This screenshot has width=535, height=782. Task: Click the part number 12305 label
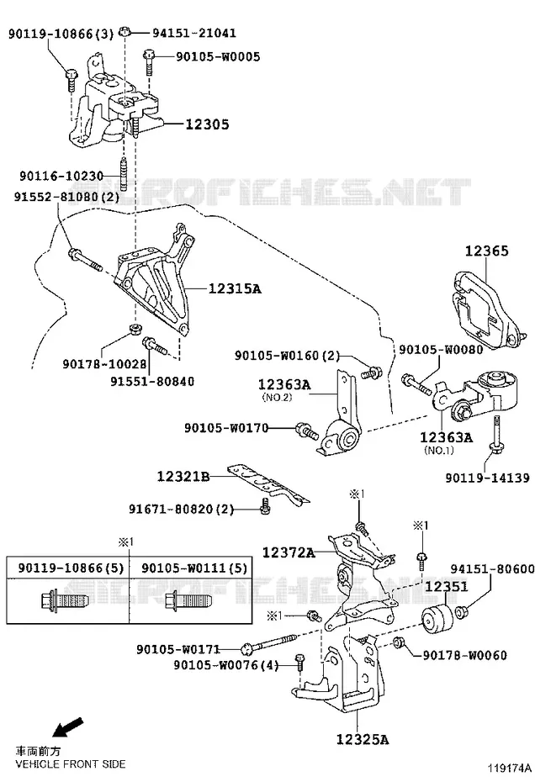point(207,124)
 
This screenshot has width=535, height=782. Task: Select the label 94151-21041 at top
point(194,33)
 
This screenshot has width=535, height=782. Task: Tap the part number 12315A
point(235,288)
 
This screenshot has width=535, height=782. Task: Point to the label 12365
point(486,251)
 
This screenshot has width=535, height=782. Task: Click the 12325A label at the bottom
point(363,739)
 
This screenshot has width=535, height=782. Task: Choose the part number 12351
point(447,587)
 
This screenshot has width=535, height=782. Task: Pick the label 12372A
point(289,552)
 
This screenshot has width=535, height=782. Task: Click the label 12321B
point(183,476)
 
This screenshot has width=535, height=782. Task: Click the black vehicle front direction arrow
point(68,727)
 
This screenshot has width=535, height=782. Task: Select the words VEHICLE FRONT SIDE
point(71,764)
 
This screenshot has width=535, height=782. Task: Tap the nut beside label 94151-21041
point(126,33)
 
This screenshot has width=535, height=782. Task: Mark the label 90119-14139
point(488,478)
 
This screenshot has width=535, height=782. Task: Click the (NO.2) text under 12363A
point(277,398)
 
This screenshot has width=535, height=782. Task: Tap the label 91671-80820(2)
point(182,510)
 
